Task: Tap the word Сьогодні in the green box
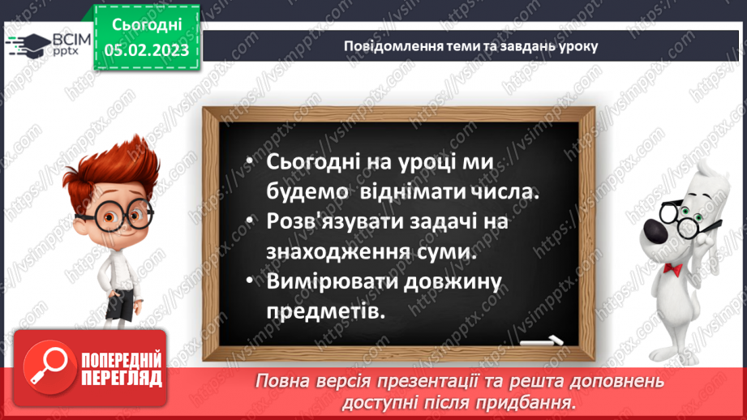(x=146, y=25)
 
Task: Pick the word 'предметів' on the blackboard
(x=322, y=311)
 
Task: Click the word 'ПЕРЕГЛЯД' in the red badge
(x=121, y=378)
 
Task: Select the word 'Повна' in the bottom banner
(x=281, y=380)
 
